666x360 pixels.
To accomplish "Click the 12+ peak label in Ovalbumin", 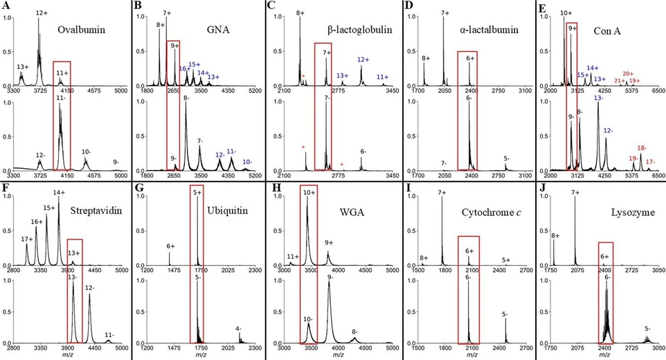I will [x=42, y=13].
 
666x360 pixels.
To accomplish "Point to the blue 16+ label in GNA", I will [x=184, y=69].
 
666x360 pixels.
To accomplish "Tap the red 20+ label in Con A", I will [x=628, y=74].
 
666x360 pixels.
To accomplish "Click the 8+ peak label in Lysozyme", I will [x=555, y=235].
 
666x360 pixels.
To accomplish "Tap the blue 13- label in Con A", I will [x=598, y=98].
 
